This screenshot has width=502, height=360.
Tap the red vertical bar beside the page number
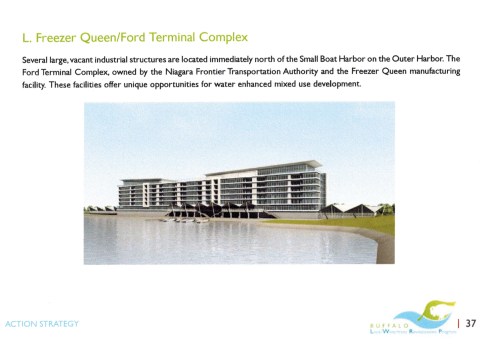457,323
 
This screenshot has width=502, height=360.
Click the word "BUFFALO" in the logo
395,324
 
